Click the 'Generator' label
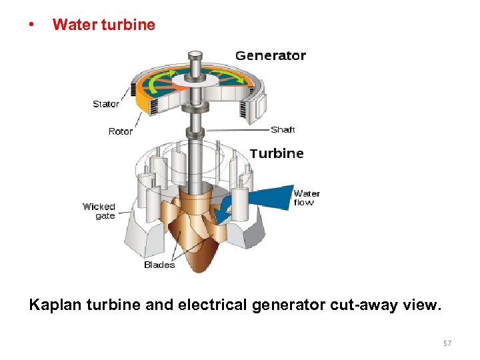coord(270,56)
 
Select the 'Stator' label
coord(106,104)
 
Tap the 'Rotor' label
coord(121,131)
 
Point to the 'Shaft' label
coord(283,129)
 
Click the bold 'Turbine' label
coord(277,153)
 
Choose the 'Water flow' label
coord(307,198)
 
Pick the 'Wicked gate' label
coord(99,211)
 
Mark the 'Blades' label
coord(159,265)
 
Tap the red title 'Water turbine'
coord(103,25)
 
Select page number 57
coord(447,343)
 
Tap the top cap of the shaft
coord(195,54)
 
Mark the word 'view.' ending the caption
coord(423,305)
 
